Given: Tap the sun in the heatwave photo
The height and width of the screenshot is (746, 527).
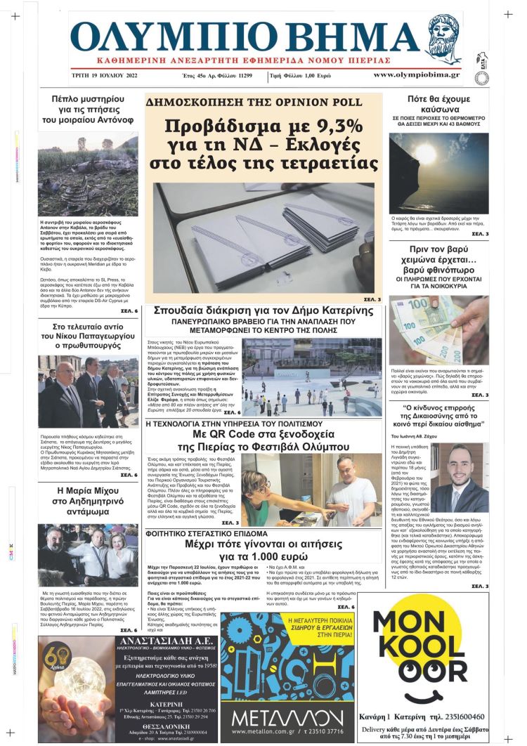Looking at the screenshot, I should [426, 152].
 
